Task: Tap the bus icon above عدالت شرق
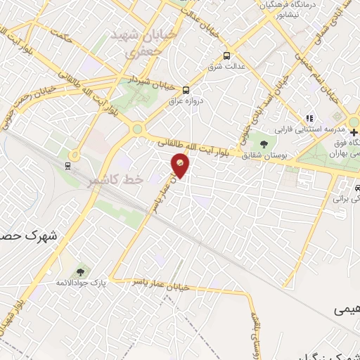[x=226, y=56]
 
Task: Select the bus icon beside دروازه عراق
[x=186, y=90]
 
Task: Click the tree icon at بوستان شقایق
[x=263, y=144]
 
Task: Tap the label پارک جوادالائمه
[x=80, y=283]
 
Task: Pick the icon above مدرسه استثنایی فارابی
[x=307, y=118]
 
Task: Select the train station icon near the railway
[x=67, y=166]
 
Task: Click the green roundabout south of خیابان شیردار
[x=138, y=129]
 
